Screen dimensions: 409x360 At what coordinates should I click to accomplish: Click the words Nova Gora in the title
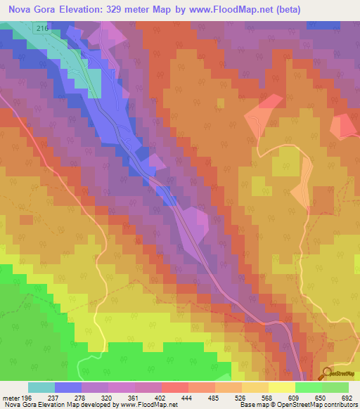click(x=30, y=9)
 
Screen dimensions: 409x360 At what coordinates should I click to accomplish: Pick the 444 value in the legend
click(x=188, y=397)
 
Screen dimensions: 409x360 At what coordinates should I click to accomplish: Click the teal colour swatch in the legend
click(x=41, y=387)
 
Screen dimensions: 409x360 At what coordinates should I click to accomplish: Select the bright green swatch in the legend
click(x=308, y=387)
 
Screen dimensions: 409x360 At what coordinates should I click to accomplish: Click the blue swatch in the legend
click(x=67, y=387)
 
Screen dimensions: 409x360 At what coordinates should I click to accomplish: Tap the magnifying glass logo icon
click(x=328, y=375)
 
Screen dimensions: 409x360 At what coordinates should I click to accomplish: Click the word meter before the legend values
click(x=11, y=397)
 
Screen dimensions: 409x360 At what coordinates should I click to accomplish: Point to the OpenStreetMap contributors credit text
click(x=314, y=405)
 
